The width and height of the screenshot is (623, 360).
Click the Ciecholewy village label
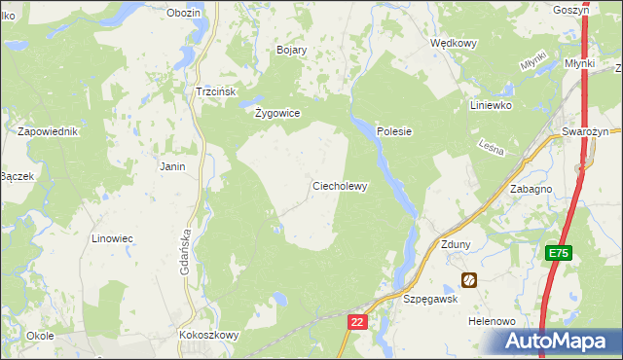pos(339,186)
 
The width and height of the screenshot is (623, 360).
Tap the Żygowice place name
pos(277,113)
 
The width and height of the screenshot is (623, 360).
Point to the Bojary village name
pos(292,50)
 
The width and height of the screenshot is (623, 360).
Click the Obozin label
pos(183,13)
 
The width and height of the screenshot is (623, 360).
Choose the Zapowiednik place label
pos(47,131)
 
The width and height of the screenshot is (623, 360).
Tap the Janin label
pos(172,166)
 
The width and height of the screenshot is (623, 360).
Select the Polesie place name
pos(395,131)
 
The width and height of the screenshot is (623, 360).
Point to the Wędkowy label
pos(453,44)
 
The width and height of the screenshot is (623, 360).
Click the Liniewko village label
pos(491,105)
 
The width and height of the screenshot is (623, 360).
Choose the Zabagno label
pos(531,190)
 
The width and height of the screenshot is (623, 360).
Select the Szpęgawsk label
pos(430,301)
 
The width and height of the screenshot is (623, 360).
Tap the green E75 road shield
pos(558,253)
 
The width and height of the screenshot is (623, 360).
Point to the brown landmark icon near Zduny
pos(469,280)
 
